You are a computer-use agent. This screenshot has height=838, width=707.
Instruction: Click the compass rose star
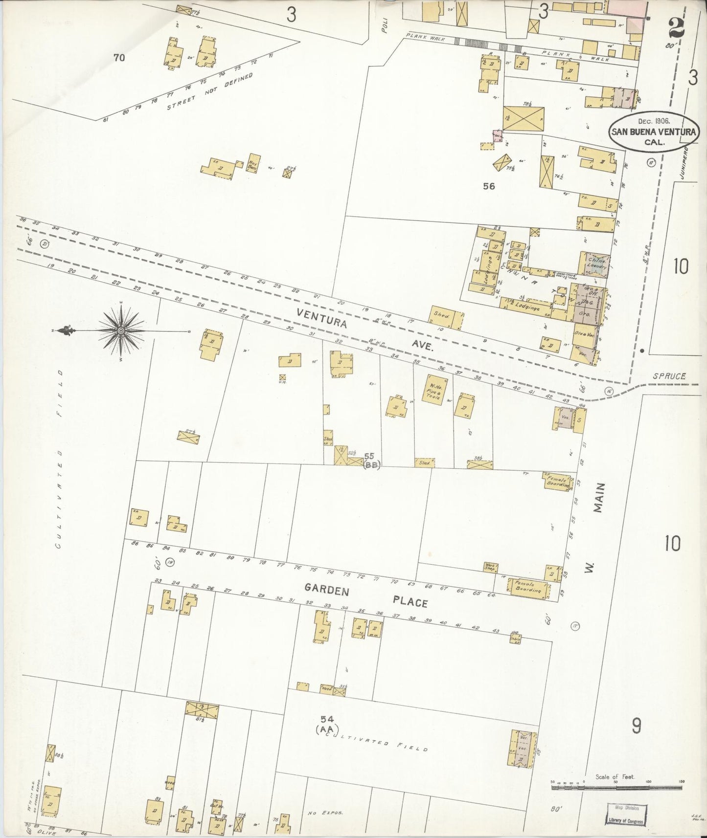[x=121, y=331]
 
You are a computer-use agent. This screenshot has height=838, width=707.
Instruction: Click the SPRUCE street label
[x=670, y=376]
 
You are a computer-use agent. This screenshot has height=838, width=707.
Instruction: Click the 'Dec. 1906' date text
[x=654, y=120]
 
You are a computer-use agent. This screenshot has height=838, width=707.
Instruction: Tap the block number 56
[x=488, y=186]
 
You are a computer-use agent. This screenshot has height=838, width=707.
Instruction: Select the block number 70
[x=119, y=58]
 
